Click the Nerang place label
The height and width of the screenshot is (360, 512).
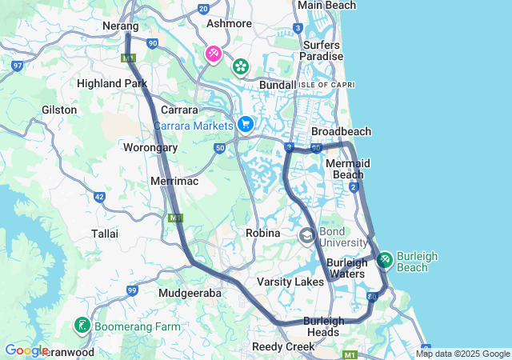coord(122,26)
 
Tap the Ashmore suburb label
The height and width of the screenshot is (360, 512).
coord(229,24)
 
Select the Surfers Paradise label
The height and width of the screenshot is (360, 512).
coord(322,50)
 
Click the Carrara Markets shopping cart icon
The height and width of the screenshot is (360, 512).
coord(246,124)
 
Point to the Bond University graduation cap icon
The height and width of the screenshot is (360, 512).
coord(307,236)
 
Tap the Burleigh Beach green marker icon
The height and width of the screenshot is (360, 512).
coord(385,260)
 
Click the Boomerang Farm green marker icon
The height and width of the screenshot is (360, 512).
coord(82,326)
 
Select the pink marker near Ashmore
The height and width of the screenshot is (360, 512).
coord(214,54)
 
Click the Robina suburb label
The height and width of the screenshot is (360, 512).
coord(262,233)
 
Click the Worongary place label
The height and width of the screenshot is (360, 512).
coord(150,147)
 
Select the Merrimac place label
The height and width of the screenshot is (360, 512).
coord(174,182)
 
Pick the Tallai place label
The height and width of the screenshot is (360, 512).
coord(105,234)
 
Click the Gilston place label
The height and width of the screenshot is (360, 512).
coord(59,110)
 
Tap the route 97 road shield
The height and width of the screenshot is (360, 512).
coord(18,65)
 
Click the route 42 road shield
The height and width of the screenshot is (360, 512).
coord(99,196)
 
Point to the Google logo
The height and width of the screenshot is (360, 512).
coord(26,350)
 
